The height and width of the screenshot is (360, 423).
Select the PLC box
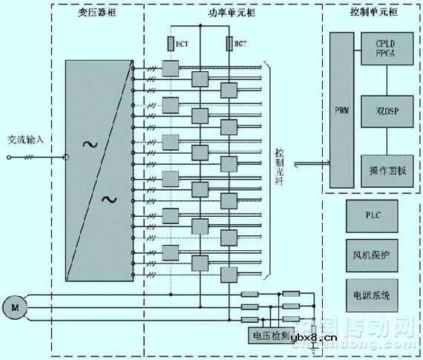(373, 215)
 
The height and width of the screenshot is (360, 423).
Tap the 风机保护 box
(373, 255)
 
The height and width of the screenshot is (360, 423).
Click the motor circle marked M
(13, 304)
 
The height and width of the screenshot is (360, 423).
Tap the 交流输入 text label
(25, 140)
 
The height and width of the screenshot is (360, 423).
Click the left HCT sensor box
(171, 44)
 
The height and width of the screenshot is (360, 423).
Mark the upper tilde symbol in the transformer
(88, 144)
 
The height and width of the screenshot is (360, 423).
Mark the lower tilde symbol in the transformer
(109, 199)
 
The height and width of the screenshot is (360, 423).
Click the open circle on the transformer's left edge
(65, 157)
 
